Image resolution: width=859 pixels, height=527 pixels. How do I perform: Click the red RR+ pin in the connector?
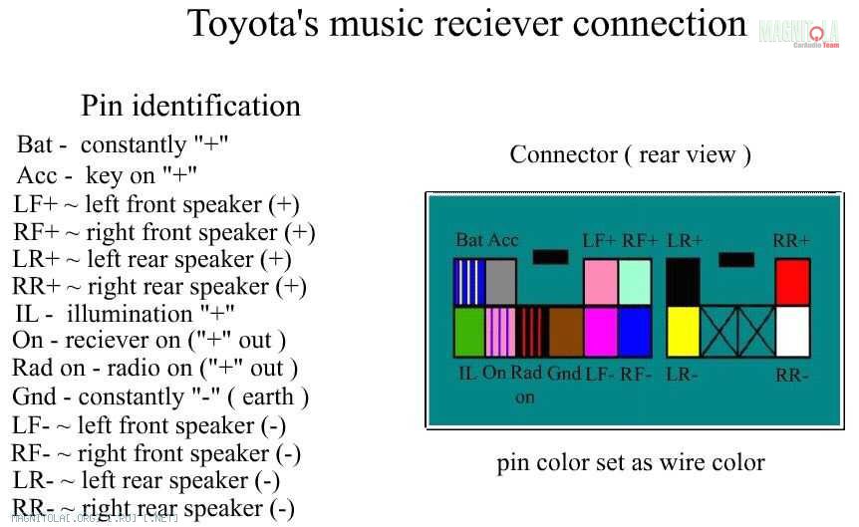(792, 283)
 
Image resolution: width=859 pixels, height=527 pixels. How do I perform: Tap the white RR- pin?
(792, 332)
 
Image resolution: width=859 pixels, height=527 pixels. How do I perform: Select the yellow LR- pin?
(683, 332)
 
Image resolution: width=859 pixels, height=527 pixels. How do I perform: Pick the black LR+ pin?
(683, 283)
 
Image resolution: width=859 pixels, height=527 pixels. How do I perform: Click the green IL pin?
(468, 332)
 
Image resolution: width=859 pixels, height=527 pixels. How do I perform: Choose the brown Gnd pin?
(565, 332)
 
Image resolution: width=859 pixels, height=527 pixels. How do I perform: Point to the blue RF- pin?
(635, 332)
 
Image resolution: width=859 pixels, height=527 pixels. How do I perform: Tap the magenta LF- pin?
(600, 332)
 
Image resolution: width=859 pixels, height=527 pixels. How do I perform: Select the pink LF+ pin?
(600, 283)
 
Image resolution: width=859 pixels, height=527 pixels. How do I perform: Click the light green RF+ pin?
(635, 283)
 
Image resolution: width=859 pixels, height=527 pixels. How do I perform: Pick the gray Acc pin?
(501, 283)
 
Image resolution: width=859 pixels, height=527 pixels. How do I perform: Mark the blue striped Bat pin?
(468, 283)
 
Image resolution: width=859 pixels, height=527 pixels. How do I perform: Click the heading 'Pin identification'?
(190, 106)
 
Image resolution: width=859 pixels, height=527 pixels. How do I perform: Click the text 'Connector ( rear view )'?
(630, 154)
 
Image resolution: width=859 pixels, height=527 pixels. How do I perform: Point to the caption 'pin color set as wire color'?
(631, 463)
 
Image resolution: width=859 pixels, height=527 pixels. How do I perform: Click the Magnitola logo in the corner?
(798, 33)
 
